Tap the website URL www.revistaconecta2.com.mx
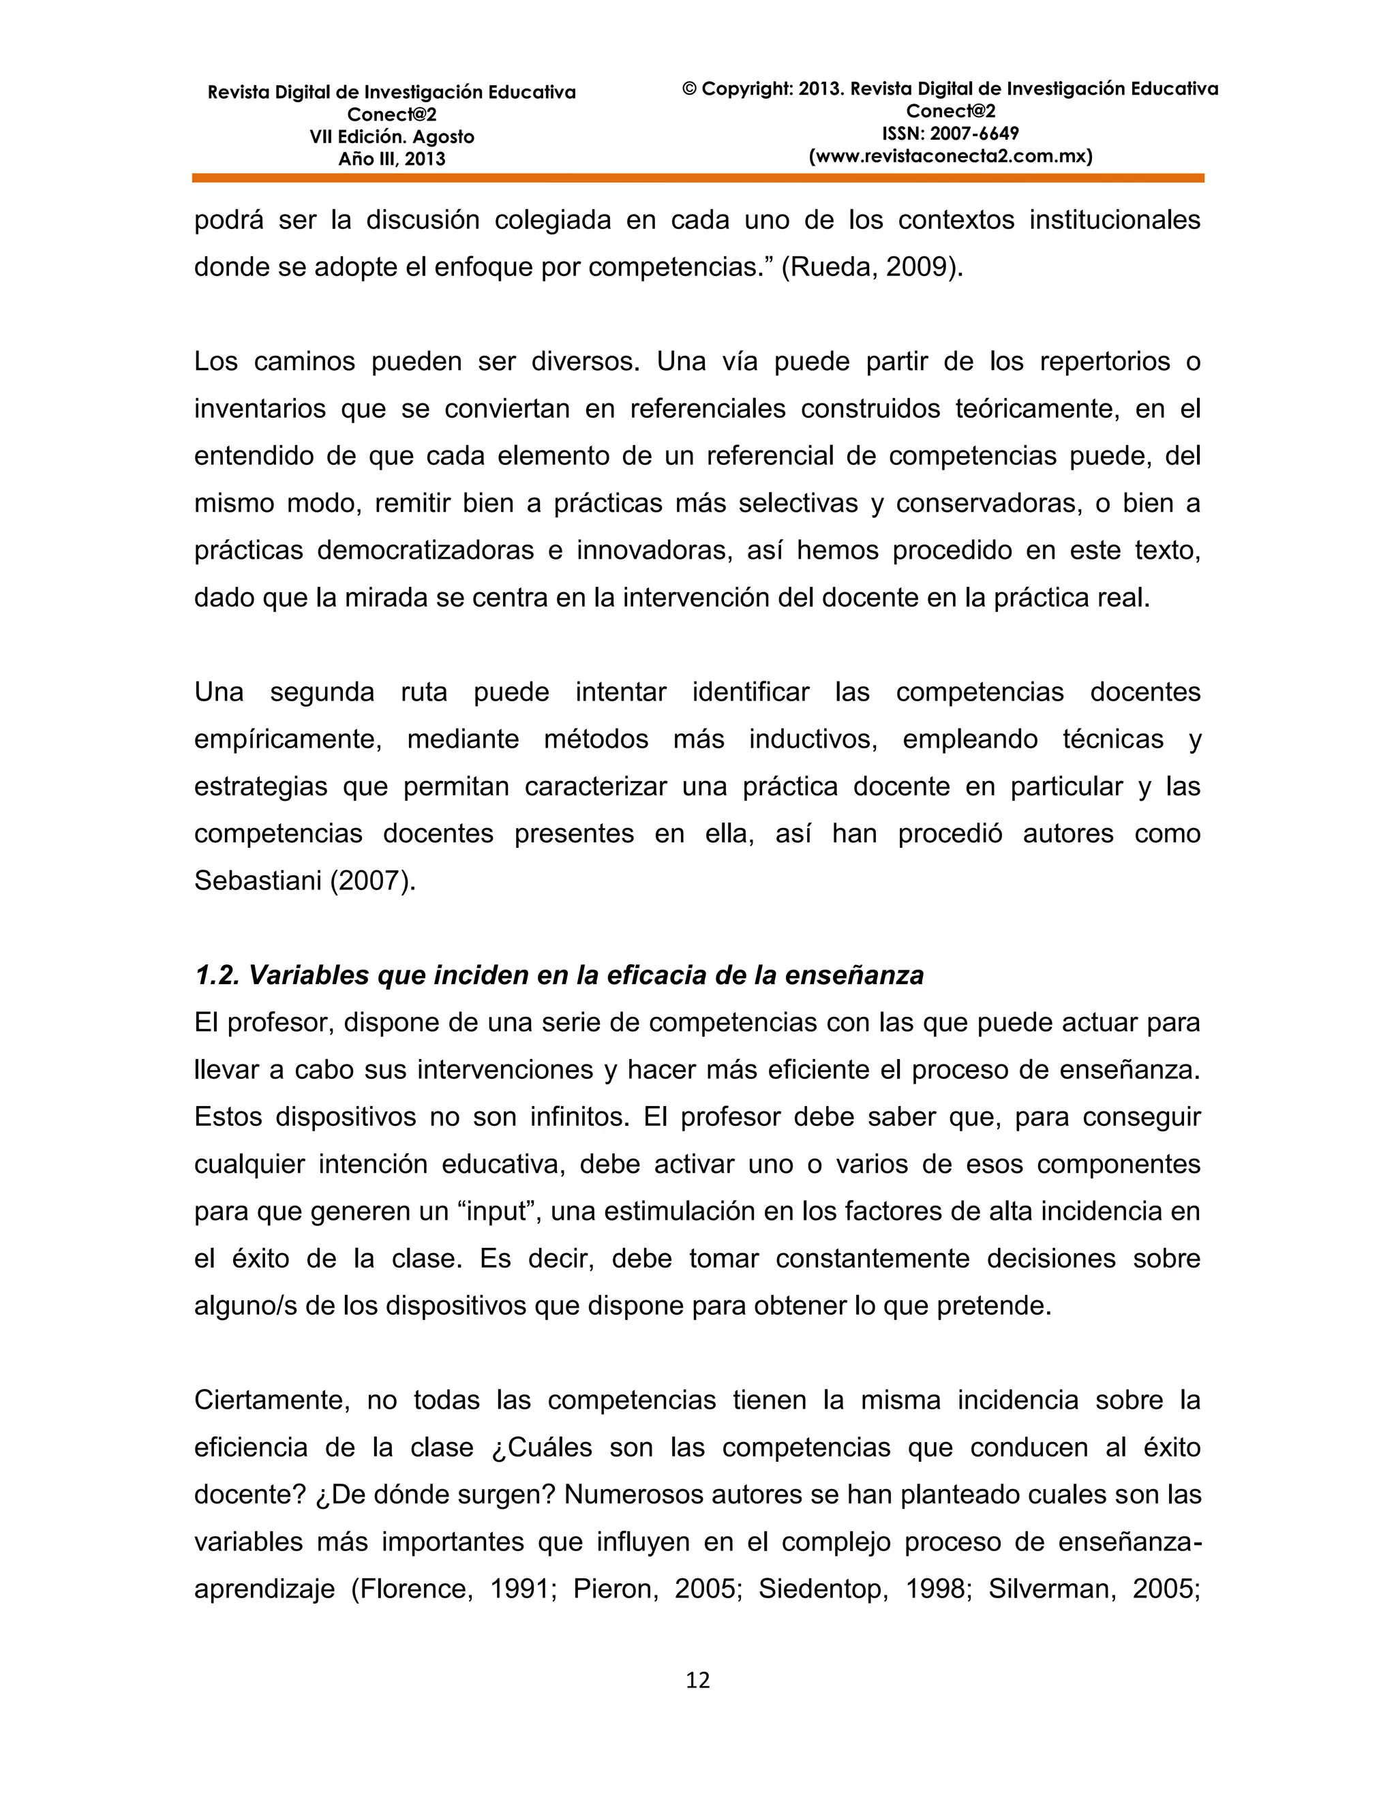950,155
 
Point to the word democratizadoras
425,551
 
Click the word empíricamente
287,739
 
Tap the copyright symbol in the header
690,89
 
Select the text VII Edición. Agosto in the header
392,136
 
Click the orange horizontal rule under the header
697,178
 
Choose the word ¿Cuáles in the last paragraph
542,1447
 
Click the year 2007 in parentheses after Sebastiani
371,881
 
